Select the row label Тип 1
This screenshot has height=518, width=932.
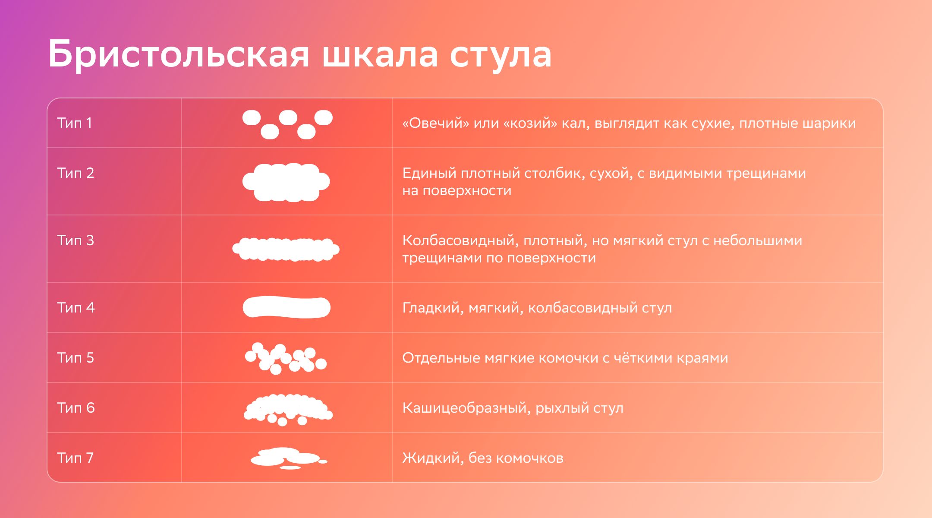[75, 123]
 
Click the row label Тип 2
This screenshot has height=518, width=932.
[76, 173]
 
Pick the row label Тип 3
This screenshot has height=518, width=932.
[76, 240]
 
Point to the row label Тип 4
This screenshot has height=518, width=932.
[76, 308]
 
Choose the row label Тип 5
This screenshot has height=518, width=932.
[76, 358]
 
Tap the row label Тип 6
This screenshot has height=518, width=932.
[76, 408]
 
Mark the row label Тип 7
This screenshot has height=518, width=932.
[76, 458]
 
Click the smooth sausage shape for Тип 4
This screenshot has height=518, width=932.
[287, 307]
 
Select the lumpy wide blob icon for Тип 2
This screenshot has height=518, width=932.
[286, 182]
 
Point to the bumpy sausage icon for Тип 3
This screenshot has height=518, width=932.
[286, 250]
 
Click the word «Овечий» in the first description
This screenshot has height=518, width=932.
[436, 123]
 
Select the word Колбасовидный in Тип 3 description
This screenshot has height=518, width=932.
[460, 240]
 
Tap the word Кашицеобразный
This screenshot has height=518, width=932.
[466, 408]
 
